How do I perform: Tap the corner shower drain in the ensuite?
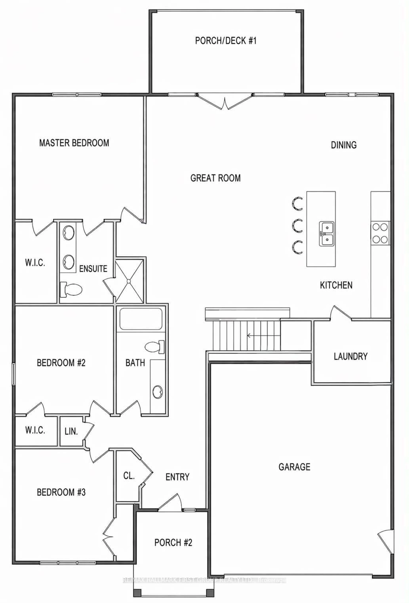pyautogui.click(x=129, y=281)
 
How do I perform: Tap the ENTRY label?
pyautogui.click(x=177, y=477)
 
